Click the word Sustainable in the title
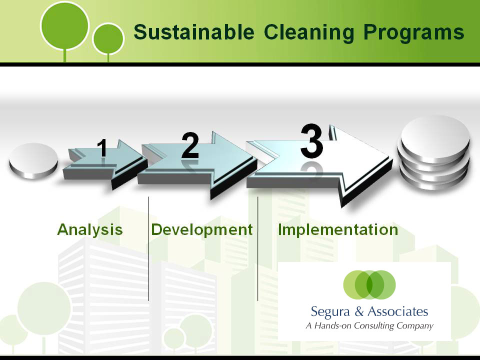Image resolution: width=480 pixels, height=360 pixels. pyautogui.click(x=194, y=32)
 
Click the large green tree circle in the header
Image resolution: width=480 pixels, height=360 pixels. pyautogui.click(x=64, y=25)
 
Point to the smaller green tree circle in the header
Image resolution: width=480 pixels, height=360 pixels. pyautogui.click(x=108, y=39)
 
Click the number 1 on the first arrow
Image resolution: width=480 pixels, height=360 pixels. pyautogui.click(x=102, y=148)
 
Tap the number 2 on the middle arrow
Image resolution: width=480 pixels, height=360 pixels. pyautogui.click(x=190, y=145)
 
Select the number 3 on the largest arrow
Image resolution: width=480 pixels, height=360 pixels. pyautogui.click(x=311, y=141)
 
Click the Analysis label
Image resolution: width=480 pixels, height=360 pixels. pyautogui.click(x=89, y=230)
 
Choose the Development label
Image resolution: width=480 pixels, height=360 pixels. pyautogui.click(x=202, y=230)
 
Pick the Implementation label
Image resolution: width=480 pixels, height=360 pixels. pyautogui.click(x=338, y=230)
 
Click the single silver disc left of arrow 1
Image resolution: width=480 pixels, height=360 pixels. pyautogui.click(x=33, y=160)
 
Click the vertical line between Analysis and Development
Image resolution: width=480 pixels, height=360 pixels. pyautogui.click(x=148, y=248)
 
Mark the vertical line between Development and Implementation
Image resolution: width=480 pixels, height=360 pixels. pyautogui.click(x=258, y=248)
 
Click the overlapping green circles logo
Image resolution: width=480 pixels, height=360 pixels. pyautogui.click(x=369, y=284)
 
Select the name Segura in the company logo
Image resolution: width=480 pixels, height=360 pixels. pyautogui.click(x=330, y=312)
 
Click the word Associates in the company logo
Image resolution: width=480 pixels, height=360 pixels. pyautogui.click(x=398, y=311)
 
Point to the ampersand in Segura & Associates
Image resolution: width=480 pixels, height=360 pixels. pyautogui.click(x=359, y=311)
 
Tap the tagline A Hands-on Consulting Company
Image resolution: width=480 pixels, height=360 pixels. pyautogui.click(x=369, y=325)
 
